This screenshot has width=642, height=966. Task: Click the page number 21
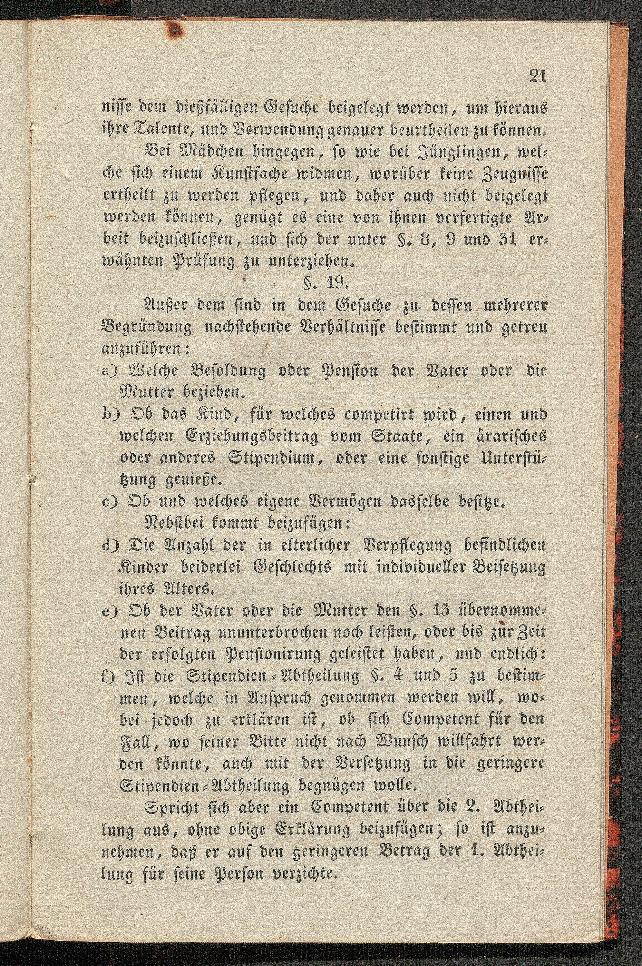pos(538,76)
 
